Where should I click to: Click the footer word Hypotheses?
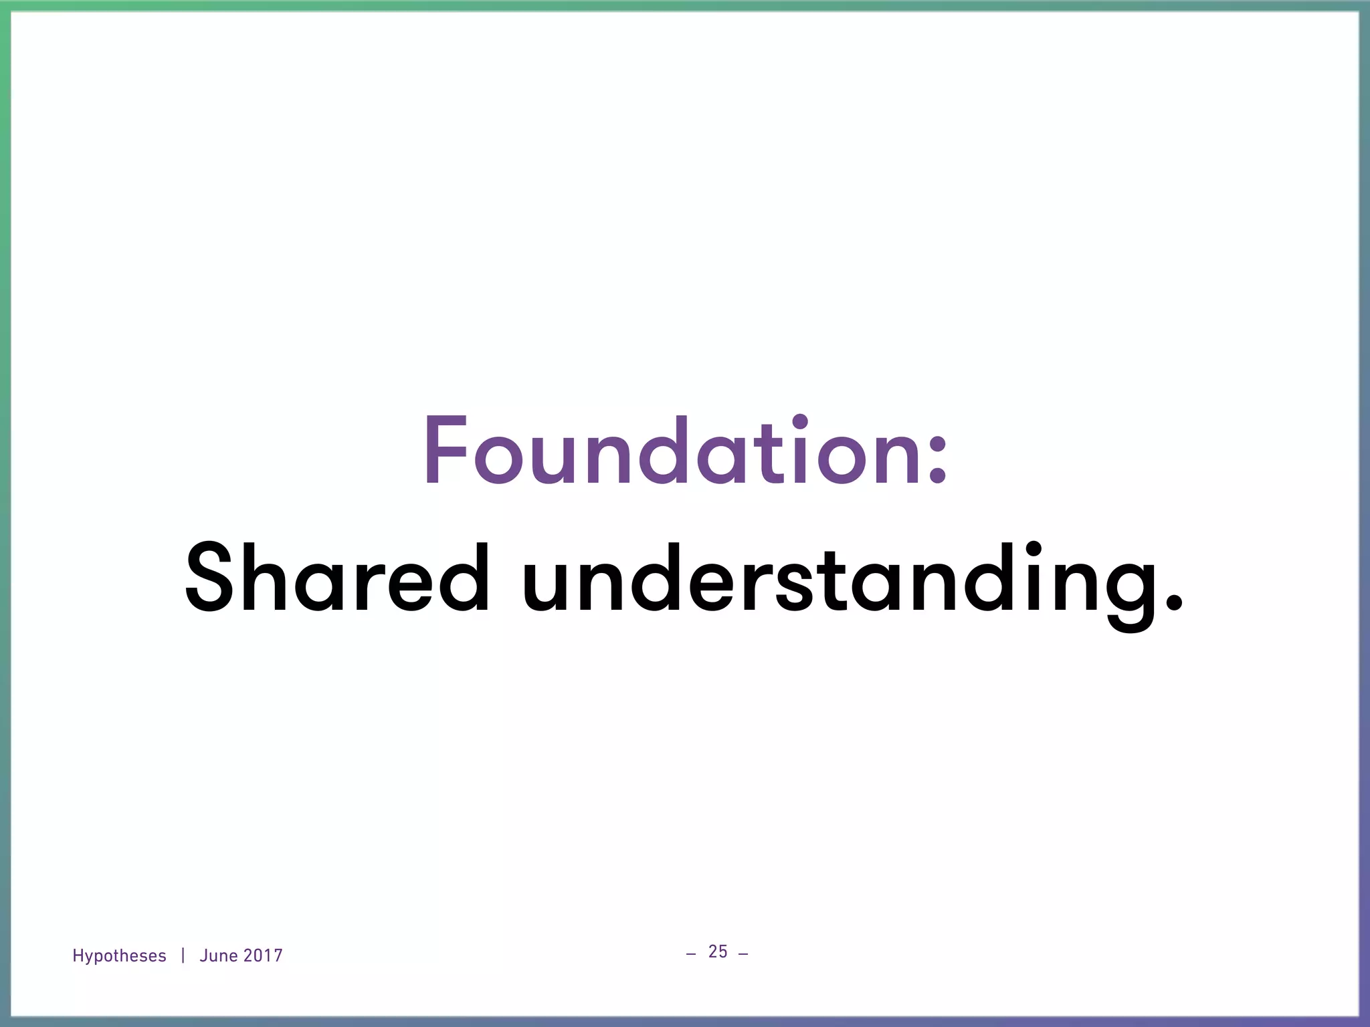(x=119, y=956)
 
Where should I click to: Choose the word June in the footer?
(x=219, y=956)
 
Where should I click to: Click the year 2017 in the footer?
(x=263, y=956)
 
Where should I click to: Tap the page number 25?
(x=718, y=951)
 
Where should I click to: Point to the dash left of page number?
(x=691, y=953)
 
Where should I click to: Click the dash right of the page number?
(x=743, y=953)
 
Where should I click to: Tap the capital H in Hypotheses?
(x=78, y=955)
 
